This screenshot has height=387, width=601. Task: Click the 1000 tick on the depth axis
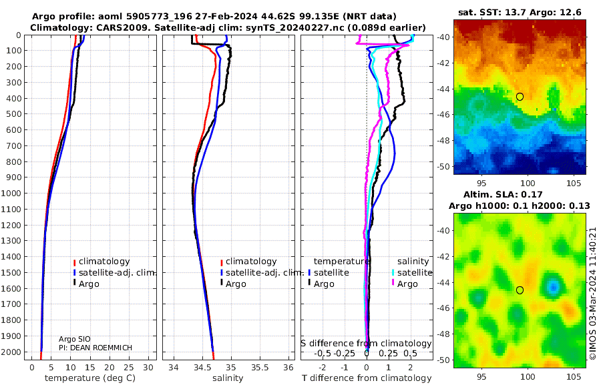point(12,193)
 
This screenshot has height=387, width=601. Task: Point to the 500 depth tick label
point(12,114)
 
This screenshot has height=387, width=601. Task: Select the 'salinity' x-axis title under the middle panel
point(228,378)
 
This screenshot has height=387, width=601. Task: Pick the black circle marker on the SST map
point(520,97)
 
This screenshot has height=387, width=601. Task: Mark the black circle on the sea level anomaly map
point(520,290)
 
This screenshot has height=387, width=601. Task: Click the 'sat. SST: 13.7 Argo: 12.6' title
point(520,13)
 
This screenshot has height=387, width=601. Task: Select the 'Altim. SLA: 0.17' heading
point(520,193)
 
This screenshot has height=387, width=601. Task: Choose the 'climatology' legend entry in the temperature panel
point(104,262)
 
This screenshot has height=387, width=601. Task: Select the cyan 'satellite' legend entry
point(411,273)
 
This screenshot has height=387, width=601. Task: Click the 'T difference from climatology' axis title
point(367,378)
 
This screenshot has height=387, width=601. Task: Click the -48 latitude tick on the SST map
point(443,140)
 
